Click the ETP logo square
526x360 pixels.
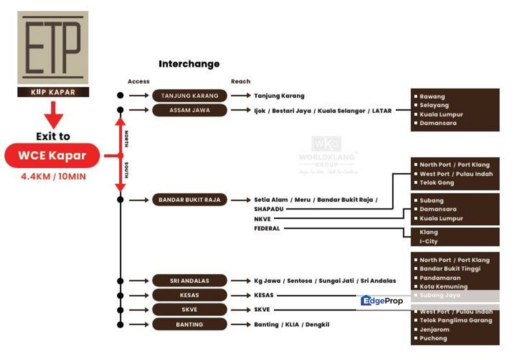click(53, 47)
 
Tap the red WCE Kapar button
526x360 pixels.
click(52, 155)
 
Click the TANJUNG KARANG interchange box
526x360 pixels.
click(189, 95)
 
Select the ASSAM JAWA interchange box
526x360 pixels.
click(189, 110)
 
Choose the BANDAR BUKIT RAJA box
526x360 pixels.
click(189, 200)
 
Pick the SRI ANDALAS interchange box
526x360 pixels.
click(189, 281)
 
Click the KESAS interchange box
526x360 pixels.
click(189, 295)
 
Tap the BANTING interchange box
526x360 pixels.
click(189, 324)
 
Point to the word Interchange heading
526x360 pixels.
click(189, 64)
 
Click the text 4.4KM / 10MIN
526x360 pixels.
click(53, 176)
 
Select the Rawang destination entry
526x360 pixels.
click(432, 96)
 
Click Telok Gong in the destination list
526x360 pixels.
click(437, 183)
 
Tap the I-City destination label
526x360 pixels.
click(429, 241)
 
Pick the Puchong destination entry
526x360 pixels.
click(433, 338)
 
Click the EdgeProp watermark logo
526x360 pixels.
click(382, 301)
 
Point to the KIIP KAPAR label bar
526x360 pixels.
click(53, 92)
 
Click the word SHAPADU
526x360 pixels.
click(269, 209)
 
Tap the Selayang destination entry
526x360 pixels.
click(434, 105)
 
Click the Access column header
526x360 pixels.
click(138, 81)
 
